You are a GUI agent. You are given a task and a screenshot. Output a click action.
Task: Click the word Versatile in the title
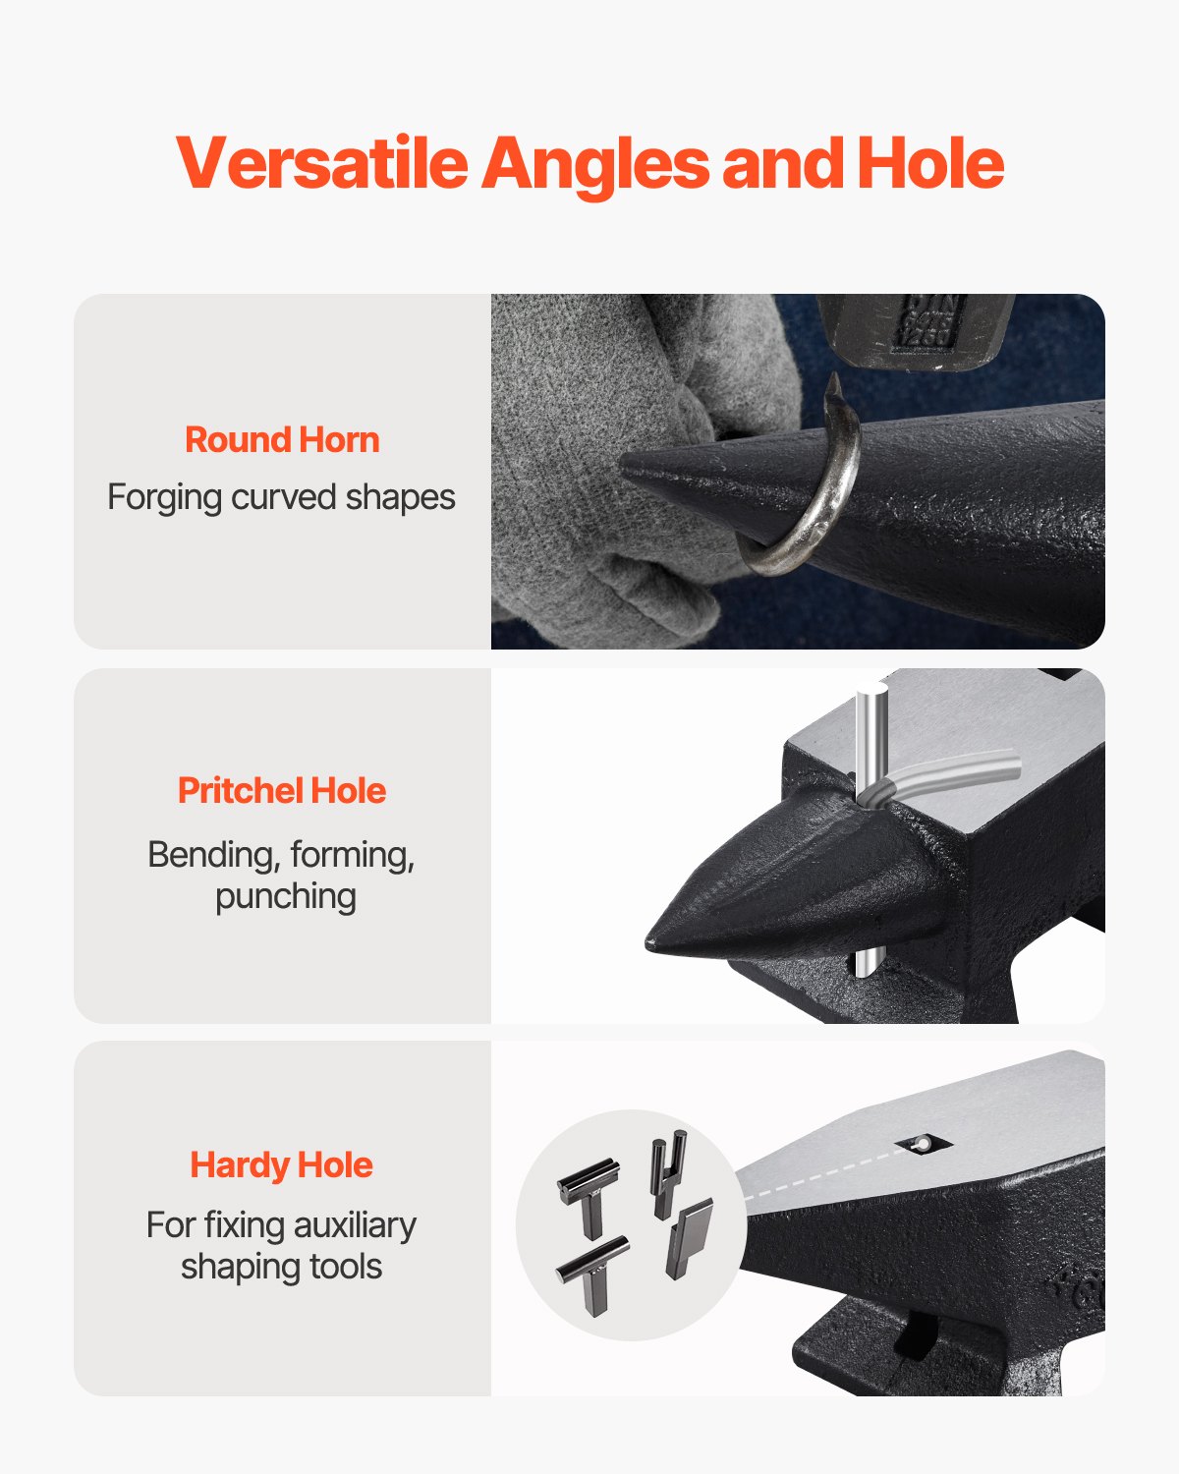point(322,163)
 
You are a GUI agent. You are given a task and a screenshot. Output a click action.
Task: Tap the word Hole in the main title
point(929,163)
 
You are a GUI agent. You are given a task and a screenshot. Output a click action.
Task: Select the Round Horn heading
point(282,440)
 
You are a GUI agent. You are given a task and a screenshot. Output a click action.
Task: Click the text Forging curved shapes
point(281,497)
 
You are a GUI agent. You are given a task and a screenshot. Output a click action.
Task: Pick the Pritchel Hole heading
point(282,791)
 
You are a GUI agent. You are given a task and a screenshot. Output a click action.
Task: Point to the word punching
point(286,896)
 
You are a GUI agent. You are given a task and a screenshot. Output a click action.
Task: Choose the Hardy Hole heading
point(282,1165)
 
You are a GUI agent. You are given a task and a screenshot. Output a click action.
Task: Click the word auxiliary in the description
point(355,1225)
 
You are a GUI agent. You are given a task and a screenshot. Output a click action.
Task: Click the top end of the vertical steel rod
point(871,694)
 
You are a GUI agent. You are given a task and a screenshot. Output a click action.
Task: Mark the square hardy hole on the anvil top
point(924,1143)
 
